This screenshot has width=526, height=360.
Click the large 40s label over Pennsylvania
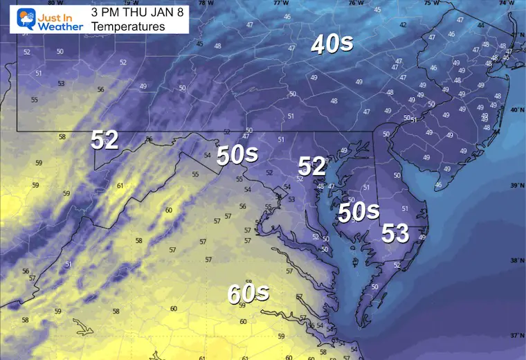tap(332, 44)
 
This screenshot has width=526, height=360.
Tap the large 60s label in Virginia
tap(248, 294)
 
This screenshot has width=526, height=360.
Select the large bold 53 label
tap(396, 233)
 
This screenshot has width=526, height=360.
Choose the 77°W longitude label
tap(280, 3)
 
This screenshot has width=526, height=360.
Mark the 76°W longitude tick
tap(356, 3)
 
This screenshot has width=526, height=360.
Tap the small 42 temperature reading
tap(403, 25)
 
